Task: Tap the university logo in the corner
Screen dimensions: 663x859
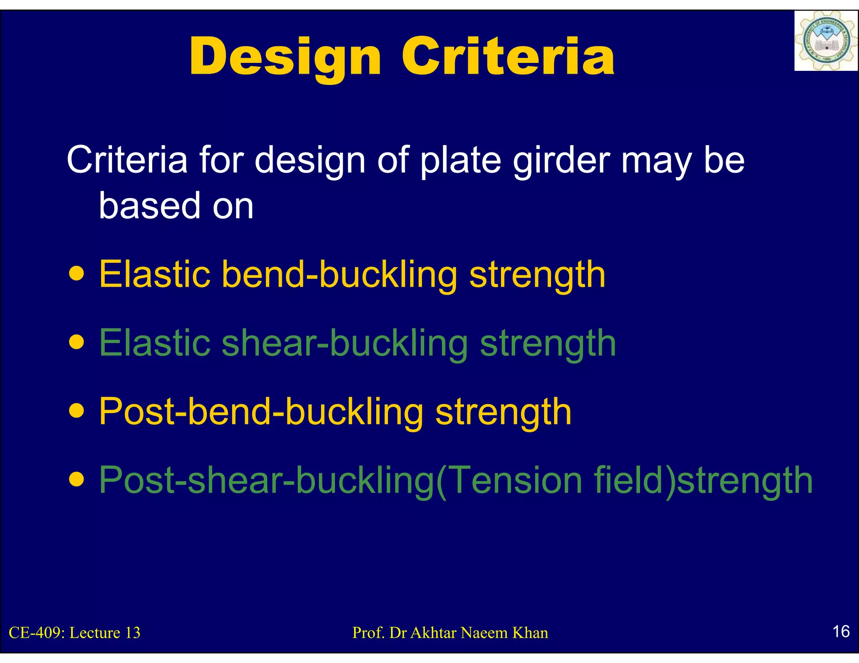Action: [x=825, y=41]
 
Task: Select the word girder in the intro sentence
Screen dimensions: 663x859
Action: [x=562, y=160]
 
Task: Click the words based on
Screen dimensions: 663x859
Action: [x=176, y=205]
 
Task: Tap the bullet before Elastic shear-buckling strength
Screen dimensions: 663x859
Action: [x=77, y=343]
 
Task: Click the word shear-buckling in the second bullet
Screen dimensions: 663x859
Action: [x=344, y=343]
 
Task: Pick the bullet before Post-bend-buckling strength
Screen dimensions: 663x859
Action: [x=77, y=412]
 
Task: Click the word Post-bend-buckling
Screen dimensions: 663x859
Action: [x=261, y=412]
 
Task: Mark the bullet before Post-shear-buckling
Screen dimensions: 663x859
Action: [x=77, y=480]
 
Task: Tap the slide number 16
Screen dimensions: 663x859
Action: [x=841, y=632]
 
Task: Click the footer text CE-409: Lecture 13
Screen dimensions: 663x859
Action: [x=75, y=633]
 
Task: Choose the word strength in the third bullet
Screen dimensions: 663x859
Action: [x=503, y=412]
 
